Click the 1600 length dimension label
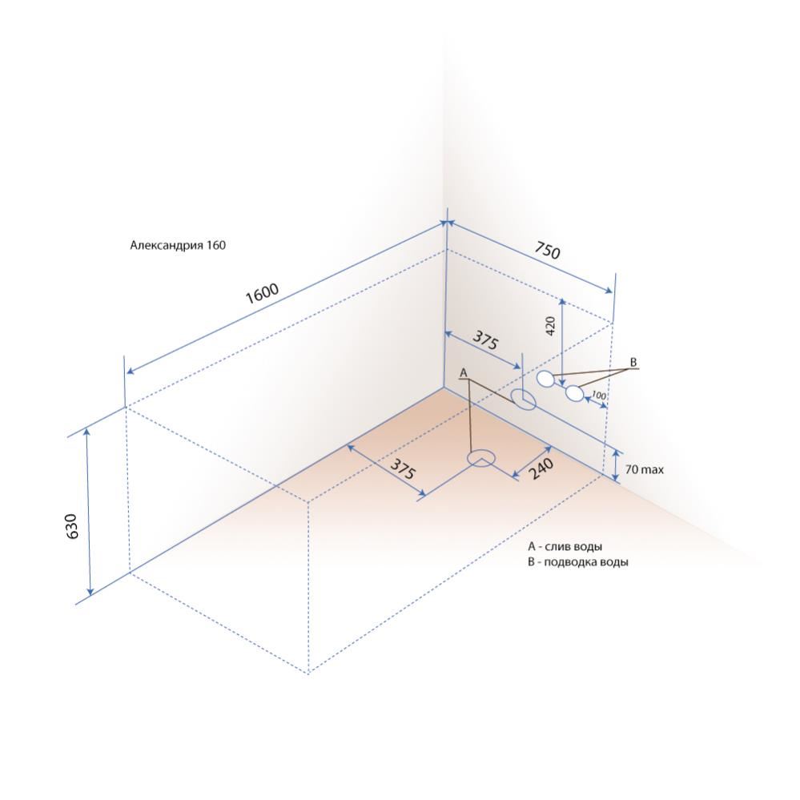click(x=262, y=293)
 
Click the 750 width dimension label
click(x=548, y=250)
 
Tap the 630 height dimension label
click(x=72, y=526)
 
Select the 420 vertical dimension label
click(x=550, y=325)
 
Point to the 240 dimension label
click(x=541, y=468)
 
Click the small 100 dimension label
click(x=598, y=395)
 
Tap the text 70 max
click(x=645, y=469)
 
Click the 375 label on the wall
click(x=484, y=340)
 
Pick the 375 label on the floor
click(x=403, y=468)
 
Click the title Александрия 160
click(x=178, y=245)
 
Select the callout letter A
click(x=464, y=373)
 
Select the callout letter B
click(x=633, y=362)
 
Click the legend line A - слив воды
click(x=565, y=546)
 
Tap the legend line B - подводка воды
click(x=578, y=562)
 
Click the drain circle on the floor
click(x=481, y=458)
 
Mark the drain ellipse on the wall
click(x=524, y=400)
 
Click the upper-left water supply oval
click(x=546, y=379)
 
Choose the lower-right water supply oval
click(x=574, y=393)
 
